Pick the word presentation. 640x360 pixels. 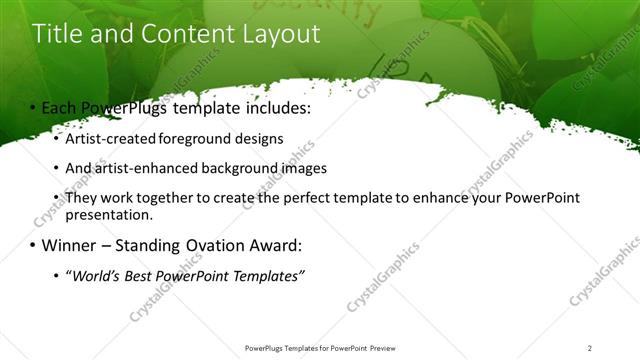pyautogui.click(x=109, y=214)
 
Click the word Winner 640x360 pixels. pyautogui.click(x=71, y=245)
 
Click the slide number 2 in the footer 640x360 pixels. pyautogui.click(x=590, y=348)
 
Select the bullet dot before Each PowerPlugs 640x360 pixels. pyautogui.click(x=33, y=107)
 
